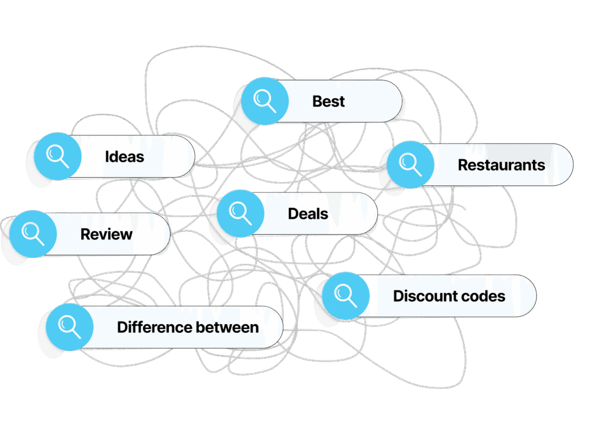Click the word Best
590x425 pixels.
tap(328, 101)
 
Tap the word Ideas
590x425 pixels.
tap(124, 157)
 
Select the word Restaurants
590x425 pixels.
tap(501, 165)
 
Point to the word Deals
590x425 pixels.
tap(308, 214)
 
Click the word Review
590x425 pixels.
tap(107, 234)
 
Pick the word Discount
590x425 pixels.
tap(425, 296)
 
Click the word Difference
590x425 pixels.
tap(154, 327)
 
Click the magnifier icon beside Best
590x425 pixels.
tap(265, 101)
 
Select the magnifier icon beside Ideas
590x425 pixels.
tap(58, 157)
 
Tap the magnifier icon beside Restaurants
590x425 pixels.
tap(410, 165)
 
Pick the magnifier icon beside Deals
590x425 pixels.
tap(240, 213)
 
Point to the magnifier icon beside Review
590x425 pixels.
tap(33, 234)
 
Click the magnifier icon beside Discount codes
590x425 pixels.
tap(346, 296)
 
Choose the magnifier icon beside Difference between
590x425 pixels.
tap(70, 327)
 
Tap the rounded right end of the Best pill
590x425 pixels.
tap(402, 101)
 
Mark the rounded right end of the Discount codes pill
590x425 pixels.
tap(536, 296)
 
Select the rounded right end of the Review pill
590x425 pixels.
tap(170, 234)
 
